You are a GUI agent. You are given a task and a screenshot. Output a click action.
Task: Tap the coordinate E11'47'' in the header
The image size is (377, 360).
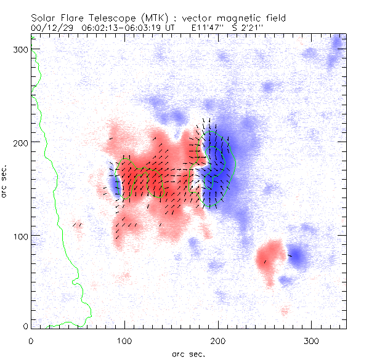(x=208, y=28)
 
